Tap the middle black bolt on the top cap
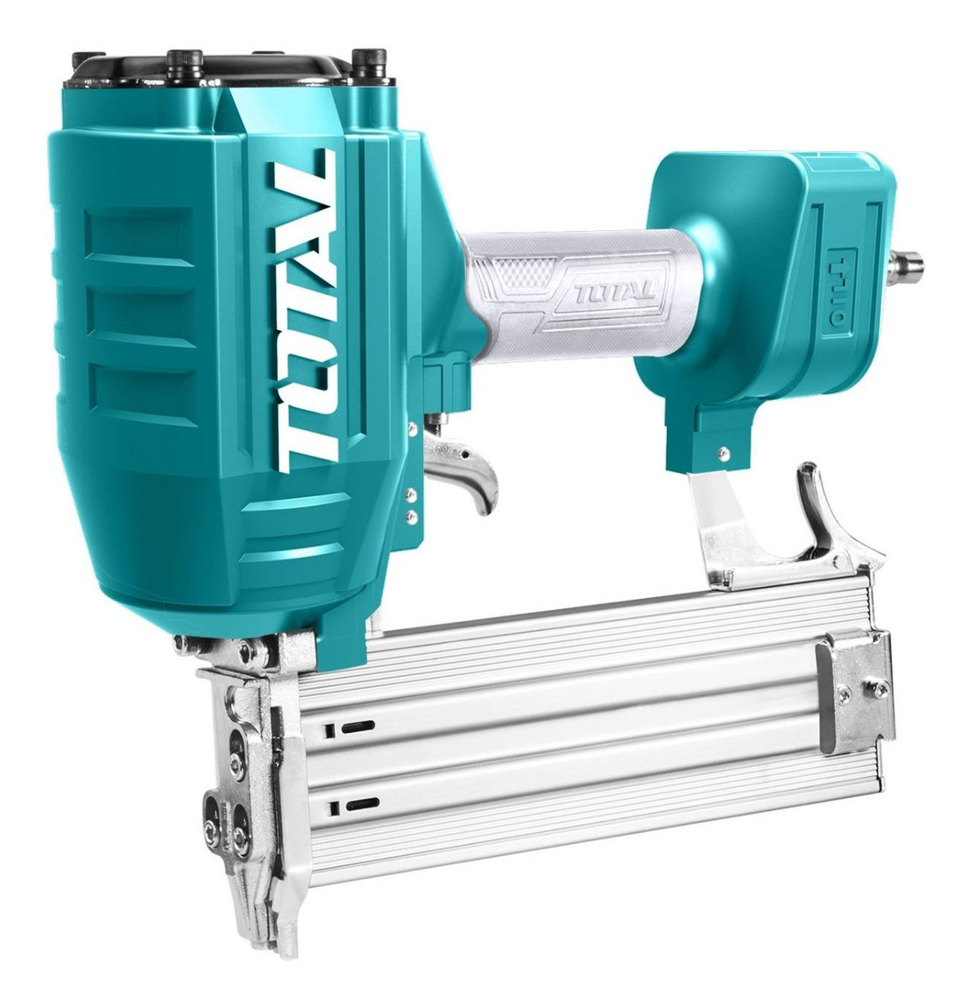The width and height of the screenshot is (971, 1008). (184, 65)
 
